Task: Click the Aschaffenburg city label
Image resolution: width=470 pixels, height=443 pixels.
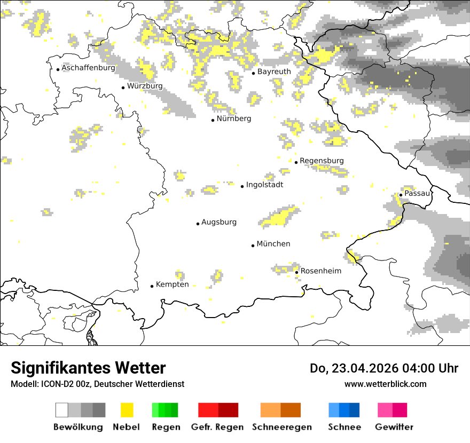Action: tap(88, 68)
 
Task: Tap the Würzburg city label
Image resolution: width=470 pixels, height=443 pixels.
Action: tap(145, 86)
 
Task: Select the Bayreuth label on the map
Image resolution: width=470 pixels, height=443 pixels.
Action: tap(274, 72)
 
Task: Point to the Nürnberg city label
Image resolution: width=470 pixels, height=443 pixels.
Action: tap(233, 119)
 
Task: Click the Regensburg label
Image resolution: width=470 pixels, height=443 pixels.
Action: tap(322, 161)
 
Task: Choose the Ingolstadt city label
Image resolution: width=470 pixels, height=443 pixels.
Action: tap(264, 185)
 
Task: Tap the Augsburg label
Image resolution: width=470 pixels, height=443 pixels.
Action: tap(218, 223)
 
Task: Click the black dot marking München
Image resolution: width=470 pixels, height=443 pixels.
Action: tap(253, 246)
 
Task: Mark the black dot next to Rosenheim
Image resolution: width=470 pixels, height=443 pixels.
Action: tap(297, 272)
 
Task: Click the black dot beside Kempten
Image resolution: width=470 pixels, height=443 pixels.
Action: tap(152, 286)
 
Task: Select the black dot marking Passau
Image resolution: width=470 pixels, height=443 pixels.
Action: tap(401, 195)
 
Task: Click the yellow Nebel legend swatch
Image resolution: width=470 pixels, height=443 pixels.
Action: tap(127, 410)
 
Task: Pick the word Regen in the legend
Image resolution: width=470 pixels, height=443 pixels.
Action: tap(165, 427)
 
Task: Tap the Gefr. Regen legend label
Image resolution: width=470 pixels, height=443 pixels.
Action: tap(217, 427)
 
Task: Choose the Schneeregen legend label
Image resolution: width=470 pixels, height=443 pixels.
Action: tap(282, 427)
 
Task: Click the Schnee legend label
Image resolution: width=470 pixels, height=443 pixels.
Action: tap(344, 427)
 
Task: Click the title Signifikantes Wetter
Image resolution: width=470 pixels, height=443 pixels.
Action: tap(88, 368)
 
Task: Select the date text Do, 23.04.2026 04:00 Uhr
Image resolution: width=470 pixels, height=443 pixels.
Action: tap(384, 368)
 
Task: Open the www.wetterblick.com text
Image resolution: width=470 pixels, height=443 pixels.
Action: tap(385, 384)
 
